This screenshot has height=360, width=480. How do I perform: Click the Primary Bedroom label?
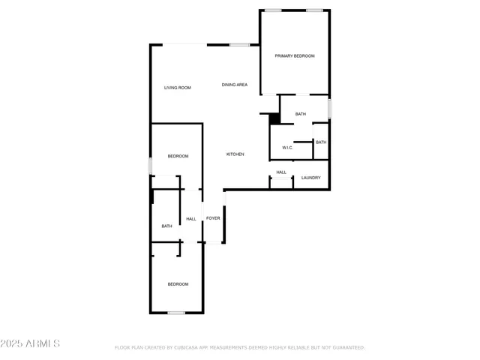[x=294, y=56]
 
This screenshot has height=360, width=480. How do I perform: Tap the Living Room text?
[x=178, y=88]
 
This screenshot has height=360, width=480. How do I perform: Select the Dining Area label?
[x=235, y=85]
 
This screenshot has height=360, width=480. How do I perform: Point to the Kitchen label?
[x=235, y=154]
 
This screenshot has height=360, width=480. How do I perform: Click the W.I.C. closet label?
[x=287, y=148]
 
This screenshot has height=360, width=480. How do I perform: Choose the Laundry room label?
[x=311, y=178]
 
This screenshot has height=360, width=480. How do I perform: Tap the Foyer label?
[x=213, y=218]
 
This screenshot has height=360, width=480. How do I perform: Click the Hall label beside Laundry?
[x=281, y=172]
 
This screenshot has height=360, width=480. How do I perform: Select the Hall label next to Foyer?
[x=191, y=219]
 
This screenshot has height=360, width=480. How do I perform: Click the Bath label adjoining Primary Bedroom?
[x=301, y=114]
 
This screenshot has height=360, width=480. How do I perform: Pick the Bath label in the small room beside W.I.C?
[x=321, y=142]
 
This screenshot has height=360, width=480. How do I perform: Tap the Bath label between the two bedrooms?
[x=166, y=226]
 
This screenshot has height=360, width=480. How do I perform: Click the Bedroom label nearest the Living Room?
[x=178, y=156]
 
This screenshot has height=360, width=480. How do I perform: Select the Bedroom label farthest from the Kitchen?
[x=178, y=284]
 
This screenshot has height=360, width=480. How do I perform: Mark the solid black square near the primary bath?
[x=274, y=118]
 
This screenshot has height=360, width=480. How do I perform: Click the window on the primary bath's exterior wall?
[x=328, y=109]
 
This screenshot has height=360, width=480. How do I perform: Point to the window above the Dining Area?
[x=240, y=45]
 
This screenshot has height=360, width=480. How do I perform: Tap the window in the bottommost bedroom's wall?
[x=176, y=313]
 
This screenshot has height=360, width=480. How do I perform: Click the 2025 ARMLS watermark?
[x=31, y=343]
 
